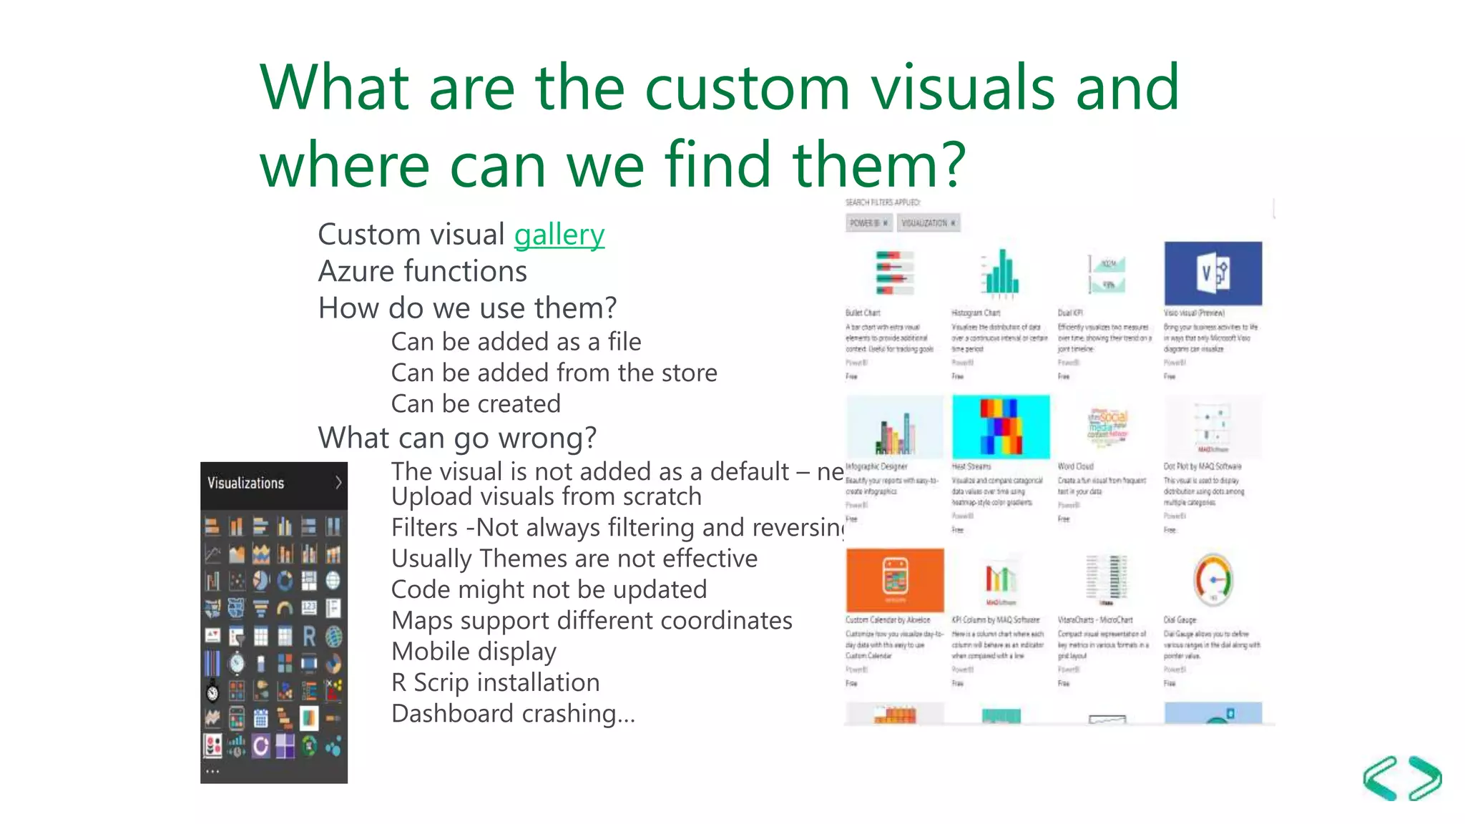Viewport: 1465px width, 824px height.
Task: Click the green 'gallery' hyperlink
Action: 559,235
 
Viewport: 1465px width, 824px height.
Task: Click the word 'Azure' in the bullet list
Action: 356,271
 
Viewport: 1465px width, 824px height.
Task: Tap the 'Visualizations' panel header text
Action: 245,483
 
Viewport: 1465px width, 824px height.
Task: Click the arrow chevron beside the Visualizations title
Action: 338,483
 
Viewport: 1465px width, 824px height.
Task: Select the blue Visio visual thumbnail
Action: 1212,273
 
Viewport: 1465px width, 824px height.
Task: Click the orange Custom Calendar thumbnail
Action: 894,580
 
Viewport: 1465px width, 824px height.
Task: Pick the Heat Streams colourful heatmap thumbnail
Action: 1001,427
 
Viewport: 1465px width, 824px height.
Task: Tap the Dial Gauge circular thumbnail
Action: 1212,579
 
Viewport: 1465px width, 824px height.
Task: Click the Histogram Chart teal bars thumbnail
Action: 1001,273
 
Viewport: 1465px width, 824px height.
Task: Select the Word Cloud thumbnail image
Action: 1107,427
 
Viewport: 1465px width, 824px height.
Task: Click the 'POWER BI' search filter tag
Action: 868,223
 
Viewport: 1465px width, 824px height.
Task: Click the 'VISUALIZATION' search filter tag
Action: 928,223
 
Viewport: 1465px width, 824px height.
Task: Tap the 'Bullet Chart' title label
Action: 863,313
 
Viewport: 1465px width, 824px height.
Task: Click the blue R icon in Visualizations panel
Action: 309,636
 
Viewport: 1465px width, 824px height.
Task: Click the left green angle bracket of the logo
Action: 1380,778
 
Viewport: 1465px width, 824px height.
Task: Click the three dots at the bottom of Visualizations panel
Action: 212,772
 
